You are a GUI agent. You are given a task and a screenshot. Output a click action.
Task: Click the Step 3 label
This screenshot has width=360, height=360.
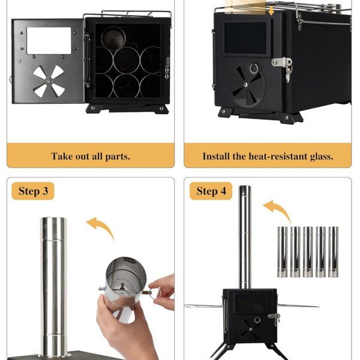(33, 191)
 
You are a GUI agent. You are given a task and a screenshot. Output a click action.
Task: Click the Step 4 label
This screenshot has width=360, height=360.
(211, 191)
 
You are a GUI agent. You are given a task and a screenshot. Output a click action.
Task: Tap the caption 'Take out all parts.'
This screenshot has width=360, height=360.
(91, 157)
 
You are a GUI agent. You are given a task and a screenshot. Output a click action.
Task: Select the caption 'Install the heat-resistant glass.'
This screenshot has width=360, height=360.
(268, 157)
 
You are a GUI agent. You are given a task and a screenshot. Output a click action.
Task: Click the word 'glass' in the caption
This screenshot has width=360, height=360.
(322, 157)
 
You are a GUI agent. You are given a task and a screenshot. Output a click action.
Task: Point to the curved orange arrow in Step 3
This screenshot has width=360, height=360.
(102, 226)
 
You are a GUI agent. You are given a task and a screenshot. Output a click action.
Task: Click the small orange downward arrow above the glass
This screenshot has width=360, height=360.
(272, 11)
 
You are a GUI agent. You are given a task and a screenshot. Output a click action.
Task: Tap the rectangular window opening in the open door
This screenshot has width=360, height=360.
(49, 41)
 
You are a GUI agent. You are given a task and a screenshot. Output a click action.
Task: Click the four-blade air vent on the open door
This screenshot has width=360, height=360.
(49, 81)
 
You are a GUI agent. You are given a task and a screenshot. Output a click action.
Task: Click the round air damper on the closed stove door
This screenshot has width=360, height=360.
(248, 85)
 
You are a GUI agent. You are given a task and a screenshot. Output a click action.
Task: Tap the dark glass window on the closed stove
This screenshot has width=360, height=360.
(245, 38)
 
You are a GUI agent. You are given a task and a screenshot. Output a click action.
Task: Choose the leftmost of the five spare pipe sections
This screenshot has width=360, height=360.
(283, 252)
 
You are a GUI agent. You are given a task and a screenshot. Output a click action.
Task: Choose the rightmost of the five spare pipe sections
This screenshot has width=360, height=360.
(334, 252)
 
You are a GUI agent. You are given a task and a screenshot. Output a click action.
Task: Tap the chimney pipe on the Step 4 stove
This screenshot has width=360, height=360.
(245, 237)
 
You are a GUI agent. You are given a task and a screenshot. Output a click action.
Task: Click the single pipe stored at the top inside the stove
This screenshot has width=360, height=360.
(113, 38)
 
